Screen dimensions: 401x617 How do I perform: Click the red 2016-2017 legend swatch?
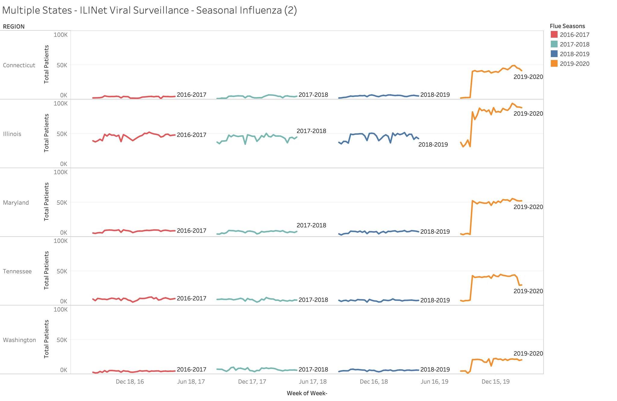[x=554, y=34]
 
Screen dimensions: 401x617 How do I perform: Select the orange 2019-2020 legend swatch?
[x=554, y=64]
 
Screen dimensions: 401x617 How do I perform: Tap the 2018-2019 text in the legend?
[x=575, y=54]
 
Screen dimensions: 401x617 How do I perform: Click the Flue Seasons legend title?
[x=567, y=26]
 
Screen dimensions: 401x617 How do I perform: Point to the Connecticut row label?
[x=19, y=65]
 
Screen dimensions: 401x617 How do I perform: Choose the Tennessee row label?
[x=17, y=271]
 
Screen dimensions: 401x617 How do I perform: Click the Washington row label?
[x=19, y=340]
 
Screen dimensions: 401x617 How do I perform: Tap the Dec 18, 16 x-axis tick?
[x=130, y=382]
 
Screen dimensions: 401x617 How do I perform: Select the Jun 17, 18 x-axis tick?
[x=313, y=382]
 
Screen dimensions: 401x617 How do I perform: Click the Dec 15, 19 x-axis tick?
[x=496, y=382]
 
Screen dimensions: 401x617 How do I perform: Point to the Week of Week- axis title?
[x=307, y=393]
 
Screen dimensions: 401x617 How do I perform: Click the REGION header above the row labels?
[x=14, y=27]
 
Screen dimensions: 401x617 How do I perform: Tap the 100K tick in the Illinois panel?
[x=61, y=103]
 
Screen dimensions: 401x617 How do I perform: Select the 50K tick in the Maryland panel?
[x=62, y=202]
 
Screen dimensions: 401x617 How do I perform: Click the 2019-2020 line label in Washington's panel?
[x=528, y=353]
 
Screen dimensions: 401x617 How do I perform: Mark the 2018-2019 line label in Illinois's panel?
[x=433, y=144]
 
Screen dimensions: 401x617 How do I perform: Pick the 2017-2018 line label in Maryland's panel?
[x=311, y=225]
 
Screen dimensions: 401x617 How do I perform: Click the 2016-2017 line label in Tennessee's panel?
[x=191, y=298]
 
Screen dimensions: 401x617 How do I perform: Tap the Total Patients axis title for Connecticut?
[x=46, y=64]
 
